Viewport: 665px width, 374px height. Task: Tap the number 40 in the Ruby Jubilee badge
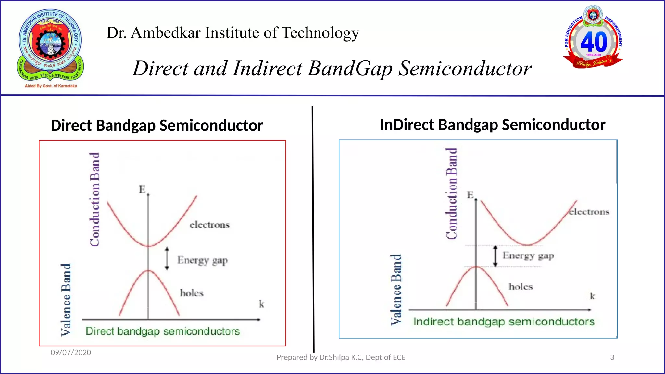594,42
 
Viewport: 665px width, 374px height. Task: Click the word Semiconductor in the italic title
465,69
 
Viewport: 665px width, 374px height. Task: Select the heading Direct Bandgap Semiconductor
157,125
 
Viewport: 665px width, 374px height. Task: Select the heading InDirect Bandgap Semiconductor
492,125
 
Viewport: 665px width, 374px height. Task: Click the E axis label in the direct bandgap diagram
142,189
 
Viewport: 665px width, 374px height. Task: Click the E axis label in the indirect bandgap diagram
470,195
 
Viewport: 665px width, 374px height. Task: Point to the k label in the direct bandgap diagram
261,304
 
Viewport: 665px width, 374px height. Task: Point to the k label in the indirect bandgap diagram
592,296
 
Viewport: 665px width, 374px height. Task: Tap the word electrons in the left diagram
209,225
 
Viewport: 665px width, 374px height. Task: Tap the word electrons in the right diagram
589,212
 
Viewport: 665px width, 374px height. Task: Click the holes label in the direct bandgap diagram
192,293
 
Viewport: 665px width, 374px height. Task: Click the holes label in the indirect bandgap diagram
521,286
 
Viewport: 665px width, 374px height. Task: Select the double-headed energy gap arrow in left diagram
167,258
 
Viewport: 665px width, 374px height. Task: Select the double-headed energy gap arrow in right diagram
495,256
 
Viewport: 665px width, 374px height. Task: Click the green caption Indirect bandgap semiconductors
504,322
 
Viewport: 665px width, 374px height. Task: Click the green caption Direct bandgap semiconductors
163,331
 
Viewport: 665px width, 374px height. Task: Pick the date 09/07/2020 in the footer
71,352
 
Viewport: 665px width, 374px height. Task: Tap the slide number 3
612,357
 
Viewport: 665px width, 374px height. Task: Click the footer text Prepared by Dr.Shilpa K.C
341,357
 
